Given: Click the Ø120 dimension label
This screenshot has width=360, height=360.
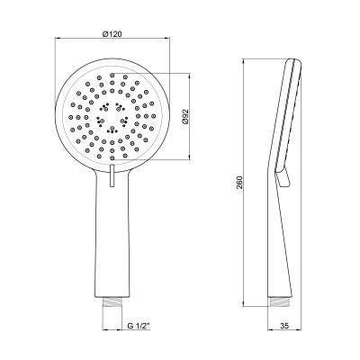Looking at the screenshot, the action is pyautogui.click(x=112, y=34).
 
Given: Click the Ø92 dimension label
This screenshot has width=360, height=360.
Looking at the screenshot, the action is pyautogui.click(x=185, y=116).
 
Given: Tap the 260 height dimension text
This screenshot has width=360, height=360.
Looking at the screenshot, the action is pyautogui.click(x=239, y=182).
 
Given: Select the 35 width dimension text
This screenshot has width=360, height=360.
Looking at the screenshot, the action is pyautogui.click(x=284, y=325).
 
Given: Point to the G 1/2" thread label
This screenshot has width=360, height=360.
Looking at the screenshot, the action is pyautogui.click(x=139, y=325).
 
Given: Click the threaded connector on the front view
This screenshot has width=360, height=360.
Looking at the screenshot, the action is pyautogui.click(x=112, y=301).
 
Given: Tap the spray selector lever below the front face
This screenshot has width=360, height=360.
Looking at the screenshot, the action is pyautogui.click(x=112, y=176).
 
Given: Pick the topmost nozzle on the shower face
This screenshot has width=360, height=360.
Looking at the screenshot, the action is pyautogui.click(x=112, y=75).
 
